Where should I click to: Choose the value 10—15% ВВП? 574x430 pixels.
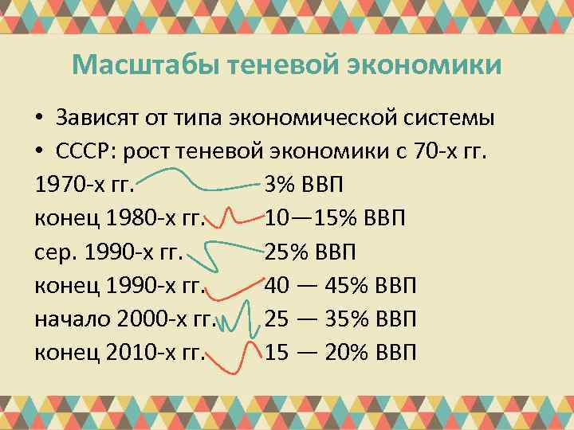pyautogui.click(x=335, y=218)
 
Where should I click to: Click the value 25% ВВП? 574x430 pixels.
pyautogui.click(x=311, y=252)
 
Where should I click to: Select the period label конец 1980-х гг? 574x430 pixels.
pyautogui.click(x=120, y=218)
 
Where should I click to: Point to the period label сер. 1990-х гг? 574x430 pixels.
pyautogui.click(x=109, y=252)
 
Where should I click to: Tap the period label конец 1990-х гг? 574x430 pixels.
pyautogui.click(x=120, y=285)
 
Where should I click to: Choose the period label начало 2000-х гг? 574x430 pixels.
pyautogui.click(x=126, y=319)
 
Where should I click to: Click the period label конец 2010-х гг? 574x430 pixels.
pyautogui.click(x=120, y=352)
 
